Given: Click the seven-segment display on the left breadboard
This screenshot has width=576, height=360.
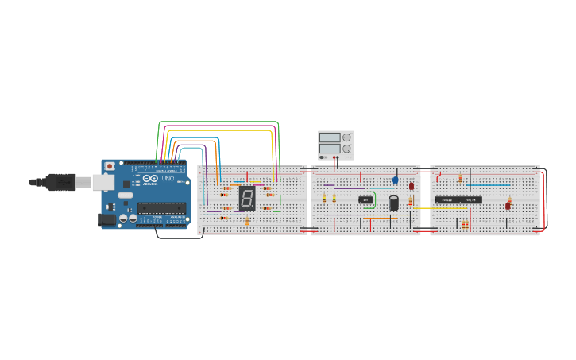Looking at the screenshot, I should pos(247,199).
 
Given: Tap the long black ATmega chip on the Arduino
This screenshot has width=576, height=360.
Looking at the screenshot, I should pos(162,208).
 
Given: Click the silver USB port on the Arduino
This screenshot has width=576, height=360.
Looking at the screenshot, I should pos(102,183).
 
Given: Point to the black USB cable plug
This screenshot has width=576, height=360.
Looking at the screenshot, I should pos(60,182).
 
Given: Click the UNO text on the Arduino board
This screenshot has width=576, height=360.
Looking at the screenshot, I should pos(168,179).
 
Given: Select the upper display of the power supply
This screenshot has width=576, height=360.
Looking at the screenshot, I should pos(329,137).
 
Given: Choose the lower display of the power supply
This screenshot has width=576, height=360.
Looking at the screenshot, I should pos(329,149).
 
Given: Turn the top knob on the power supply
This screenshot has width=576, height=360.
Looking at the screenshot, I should pos(346,137).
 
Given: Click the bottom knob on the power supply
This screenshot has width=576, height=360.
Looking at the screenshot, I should pos(346,149).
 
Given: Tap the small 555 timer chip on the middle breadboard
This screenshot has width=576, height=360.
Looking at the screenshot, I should pos(365,199).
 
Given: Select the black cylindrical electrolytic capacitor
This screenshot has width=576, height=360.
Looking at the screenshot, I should pos(393,203).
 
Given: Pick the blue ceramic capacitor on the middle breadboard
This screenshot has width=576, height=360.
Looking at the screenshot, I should pos(395,180).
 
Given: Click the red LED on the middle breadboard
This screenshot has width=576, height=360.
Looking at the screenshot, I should pos(412,186).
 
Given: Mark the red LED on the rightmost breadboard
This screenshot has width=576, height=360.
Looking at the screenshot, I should pos(508,206).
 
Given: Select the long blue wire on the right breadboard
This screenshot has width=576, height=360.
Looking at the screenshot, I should pos(489,185).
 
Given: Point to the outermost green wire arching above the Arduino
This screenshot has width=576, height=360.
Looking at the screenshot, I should pos(218,122).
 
